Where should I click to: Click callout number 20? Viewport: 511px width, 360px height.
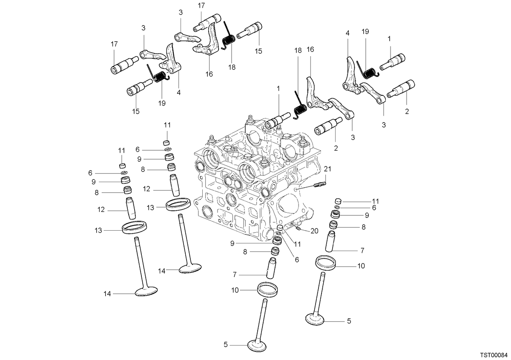314,231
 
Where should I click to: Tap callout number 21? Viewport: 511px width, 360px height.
327,169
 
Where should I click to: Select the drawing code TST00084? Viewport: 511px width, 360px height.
494,355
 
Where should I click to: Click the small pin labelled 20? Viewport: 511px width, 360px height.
298,229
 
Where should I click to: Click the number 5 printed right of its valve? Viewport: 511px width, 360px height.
349,321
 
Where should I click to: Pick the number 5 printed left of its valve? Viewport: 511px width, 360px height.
226,345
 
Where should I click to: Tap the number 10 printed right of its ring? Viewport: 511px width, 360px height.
361,266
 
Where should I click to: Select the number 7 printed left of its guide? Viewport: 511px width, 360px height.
235,275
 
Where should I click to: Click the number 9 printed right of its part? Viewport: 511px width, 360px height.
367,215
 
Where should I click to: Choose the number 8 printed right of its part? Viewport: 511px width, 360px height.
363,227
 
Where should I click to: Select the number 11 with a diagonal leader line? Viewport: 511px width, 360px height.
297,244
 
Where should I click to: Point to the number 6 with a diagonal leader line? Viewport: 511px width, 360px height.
297,260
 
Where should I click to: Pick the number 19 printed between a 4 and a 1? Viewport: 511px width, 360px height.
365,31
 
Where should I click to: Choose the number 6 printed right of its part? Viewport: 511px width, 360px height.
374,208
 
